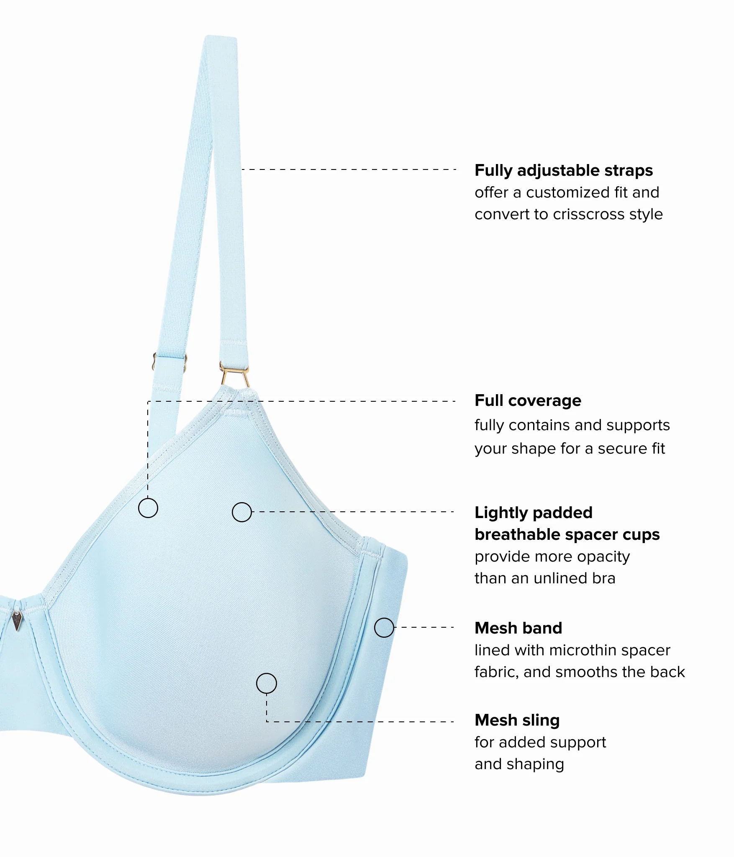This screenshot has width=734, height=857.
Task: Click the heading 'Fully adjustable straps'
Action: tap(564, 171)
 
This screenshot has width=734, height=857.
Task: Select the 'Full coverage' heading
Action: tap(528, 401)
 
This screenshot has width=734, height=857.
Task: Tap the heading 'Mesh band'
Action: tap(518, 628)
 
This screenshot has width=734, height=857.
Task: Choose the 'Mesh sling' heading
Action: tap(517, 720)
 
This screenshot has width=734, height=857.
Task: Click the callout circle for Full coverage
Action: tap(148, 508)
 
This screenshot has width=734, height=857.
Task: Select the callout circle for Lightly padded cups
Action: tap(242, 512)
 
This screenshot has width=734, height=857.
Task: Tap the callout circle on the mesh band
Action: tap(384, 627)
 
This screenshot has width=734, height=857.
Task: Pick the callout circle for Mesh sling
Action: tap(267, 683)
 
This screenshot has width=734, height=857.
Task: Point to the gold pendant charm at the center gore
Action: tap(17, 620)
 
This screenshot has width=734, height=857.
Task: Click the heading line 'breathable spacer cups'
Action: tap(567, 535)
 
